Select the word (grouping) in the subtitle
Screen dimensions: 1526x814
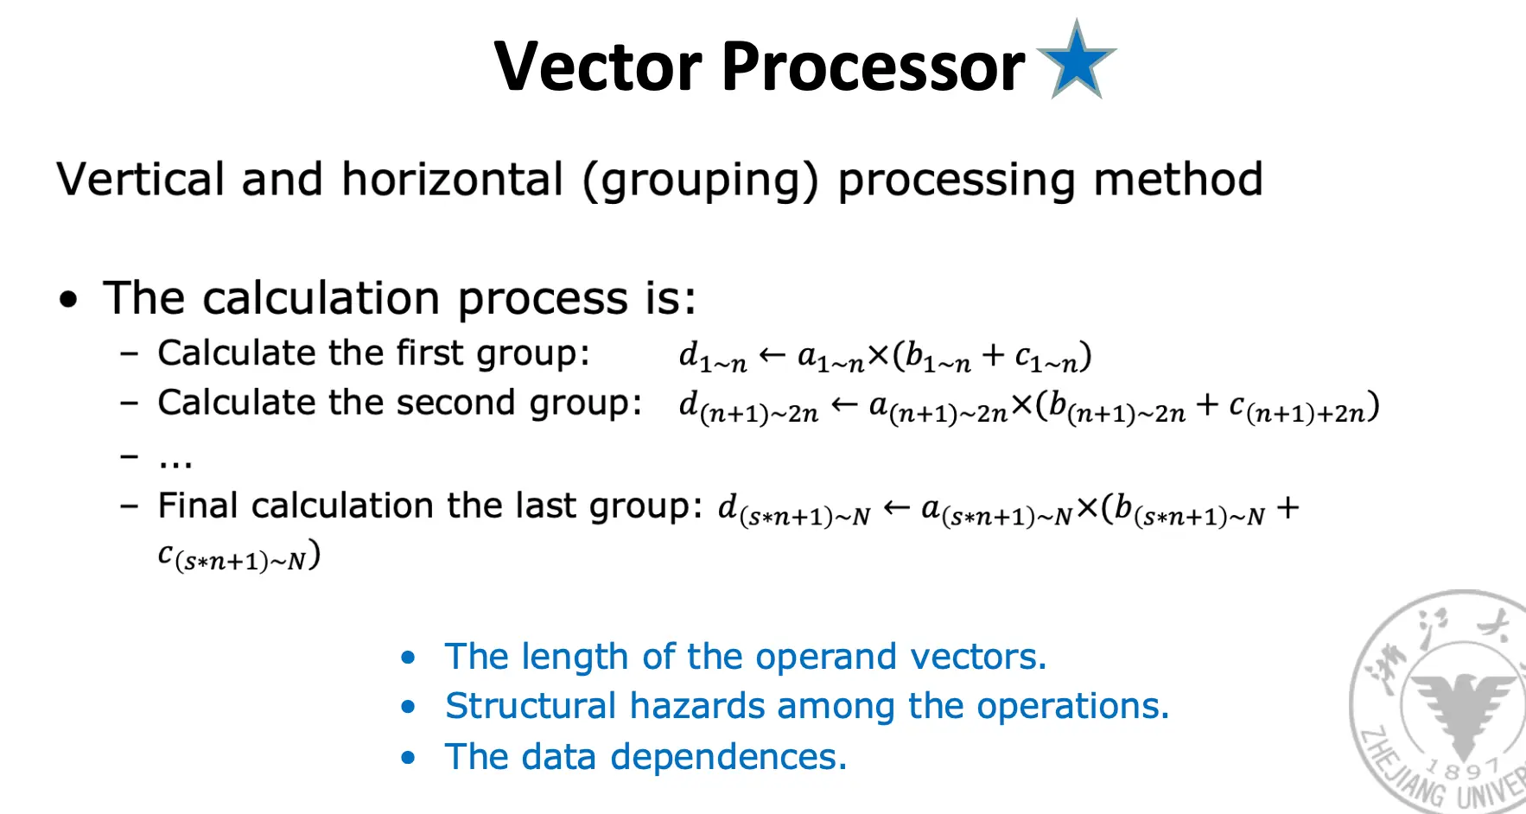[x=700, y=181]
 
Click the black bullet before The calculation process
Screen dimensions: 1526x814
[x=68, y=300]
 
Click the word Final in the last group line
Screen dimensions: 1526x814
[x=198, y=505]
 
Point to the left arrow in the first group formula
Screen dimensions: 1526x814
[x=772, y=354]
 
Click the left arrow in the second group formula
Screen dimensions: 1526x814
[x=843, y=404]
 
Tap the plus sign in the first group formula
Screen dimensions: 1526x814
[x=993, y=354]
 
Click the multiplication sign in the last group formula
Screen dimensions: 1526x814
[x=1087, y=508]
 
